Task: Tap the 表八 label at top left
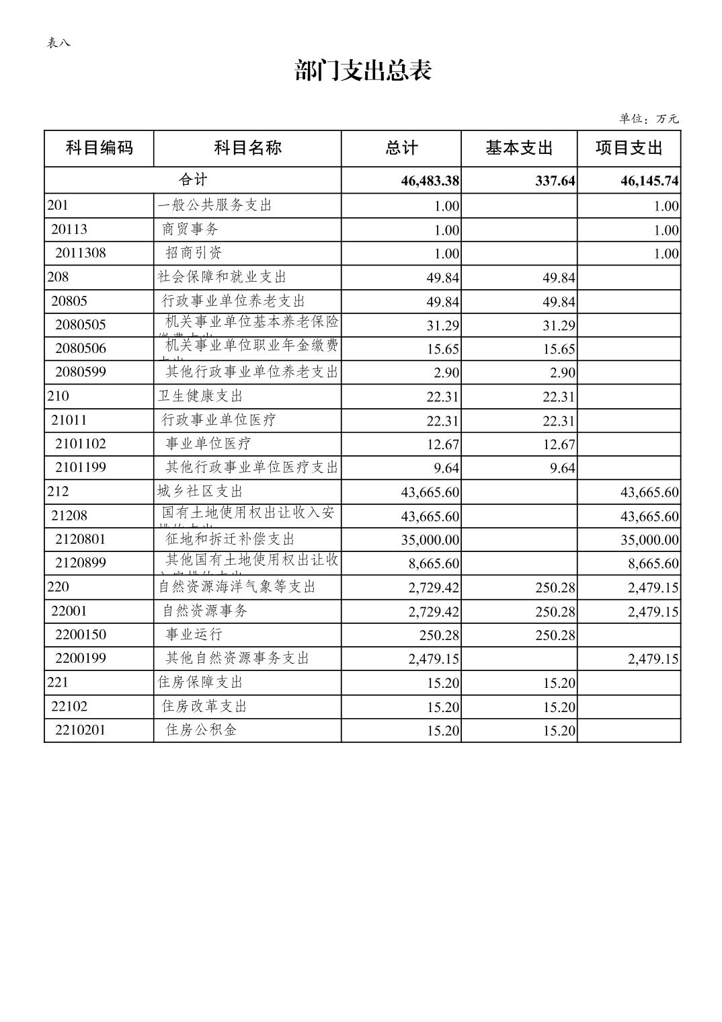click(x=58, y=43)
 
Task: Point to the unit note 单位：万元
click(x=649, y=119)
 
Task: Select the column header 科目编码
click(x=99, y=148)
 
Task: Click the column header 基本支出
click(x=518, y=148)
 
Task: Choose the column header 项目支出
click(x=629, y=148)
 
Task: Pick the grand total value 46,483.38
click(x=430, y=181)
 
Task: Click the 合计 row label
click(x=193, y=180)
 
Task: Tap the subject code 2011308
click(x=81, y=253)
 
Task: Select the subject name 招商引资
click(x=194, y=253)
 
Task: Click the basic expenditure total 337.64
click(x=555, y=181)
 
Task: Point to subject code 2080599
click(x=81, y=372)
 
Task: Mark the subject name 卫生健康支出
click(x=200, y=396)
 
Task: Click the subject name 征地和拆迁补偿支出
click(x=231, y=539)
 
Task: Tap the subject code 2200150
click(x=81, y=635)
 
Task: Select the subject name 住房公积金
click(x=202, y=730)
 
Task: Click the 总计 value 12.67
click(x=442, y=444)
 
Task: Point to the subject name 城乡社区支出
click(x=200, y=492)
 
